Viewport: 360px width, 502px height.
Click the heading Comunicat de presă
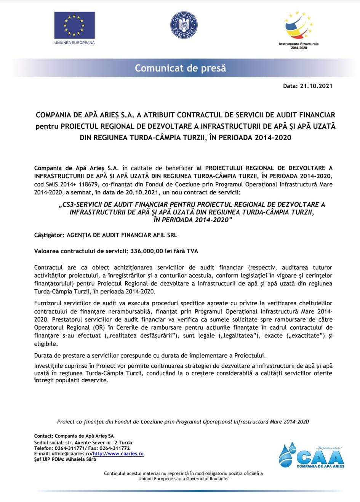(180, 68)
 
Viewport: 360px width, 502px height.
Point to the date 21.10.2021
(316, 86)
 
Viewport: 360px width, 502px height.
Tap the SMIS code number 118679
(88, 184)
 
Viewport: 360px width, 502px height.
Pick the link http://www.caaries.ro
(118, 454)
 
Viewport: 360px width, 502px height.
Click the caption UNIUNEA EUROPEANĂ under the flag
(74, 43)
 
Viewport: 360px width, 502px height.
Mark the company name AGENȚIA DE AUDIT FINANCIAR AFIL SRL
(122, 235)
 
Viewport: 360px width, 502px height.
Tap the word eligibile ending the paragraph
(46, 344)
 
